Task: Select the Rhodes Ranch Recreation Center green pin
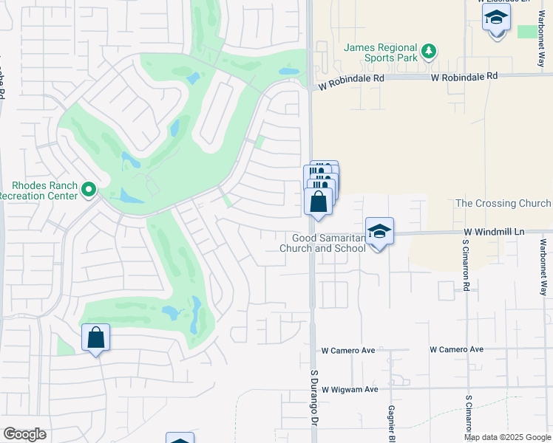coord(89,190)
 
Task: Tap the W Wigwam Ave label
coord(350,389)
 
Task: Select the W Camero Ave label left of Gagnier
coord(350,351)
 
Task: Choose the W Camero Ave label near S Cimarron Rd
coord(456,349)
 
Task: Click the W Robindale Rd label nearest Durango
coord(352,86)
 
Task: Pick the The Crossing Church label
coord(503,203)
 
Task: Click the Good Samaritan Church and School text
coord(323,243)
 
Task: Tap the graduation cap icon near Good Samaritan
coord(379,231)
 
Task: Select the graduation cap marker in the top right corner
coord(496,17)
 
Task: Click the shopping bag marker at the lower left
coord(96,338)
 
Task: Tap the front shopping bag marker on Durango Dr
coord(318,202)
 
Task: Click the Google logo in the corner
coord(25,434)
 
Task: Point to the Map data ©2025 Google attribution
coord(507,437)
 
